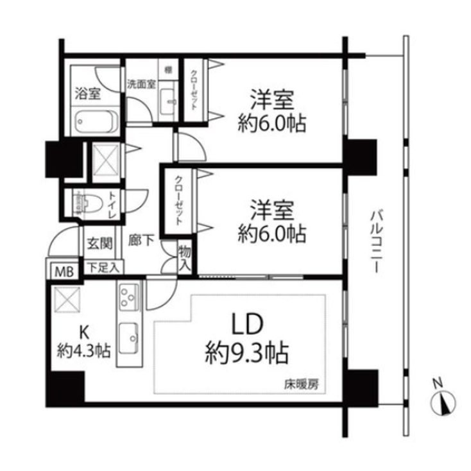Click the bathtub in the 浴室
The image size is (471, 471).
coord(94,121)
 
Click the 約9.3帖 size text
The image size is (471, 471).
coord(246,352)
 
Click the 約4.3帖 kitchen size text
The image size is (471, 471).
coord(83,352)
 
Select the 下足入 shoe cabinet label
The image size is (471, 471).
coord(103,269)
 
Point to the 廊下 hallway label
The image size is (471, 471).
coord(141,242)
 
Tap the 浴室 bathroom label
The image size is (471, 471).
coord(88,93)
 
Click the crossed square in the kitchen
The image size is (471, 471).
coord(65,298)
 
